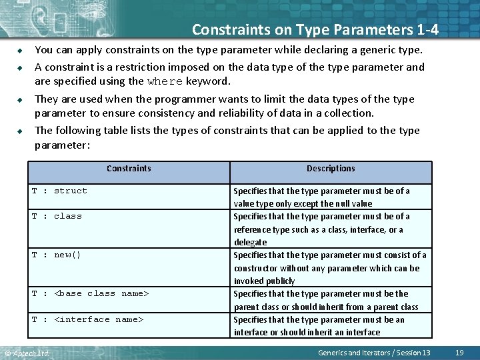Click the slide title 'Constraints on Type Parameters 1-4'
point(315,29)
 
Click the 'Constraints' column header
point(129,169)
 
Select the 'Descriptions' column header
point(331,169)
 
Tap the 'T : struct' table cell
point(59,191)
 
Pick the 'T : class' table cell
point(57,216)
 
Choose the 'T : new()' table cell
point(57,255)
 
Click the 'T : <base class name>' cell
point(90,293)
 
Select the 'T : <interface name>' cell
point(87,319)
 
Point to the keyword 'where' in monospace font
point(165,82)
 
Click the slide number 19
point(459,352)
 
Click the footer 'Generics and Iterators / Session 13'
point(374,352)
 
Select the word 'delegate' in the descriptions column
point(250,242)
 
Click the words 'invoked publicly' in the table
point(264,281)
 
